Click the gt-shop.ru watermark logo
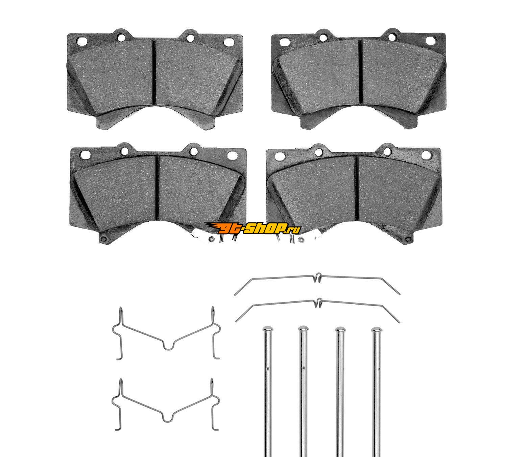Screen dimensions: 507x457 253,228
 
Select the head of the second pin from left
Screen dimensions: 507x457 303,329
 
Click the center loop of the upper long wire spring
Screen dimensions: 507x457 318,278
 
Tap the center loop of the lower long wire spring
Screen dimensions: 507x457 319,303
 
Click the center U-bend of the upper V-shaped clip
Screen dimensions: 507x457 167,347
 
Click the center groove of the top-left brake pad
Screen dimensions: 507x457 154,72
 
